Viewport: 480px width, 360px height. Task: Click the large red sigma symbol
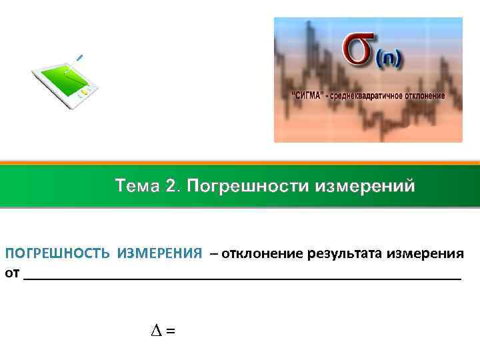coord(361,51)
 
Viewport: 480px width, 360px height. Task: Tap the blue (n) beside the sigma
coord(388,61)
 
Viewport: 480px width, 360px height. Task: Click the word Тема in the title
coord(137,185)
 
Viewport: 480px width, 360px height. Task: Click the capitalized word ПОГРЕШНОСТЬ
coord(59,254)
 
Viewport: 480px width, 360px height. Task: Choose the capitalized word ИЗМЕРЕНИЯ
coord(160,254)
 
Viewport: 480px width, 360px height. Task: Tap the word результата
coord(342,254)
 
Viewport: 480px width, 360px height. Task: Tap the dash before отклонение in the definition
coord(213,254)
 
